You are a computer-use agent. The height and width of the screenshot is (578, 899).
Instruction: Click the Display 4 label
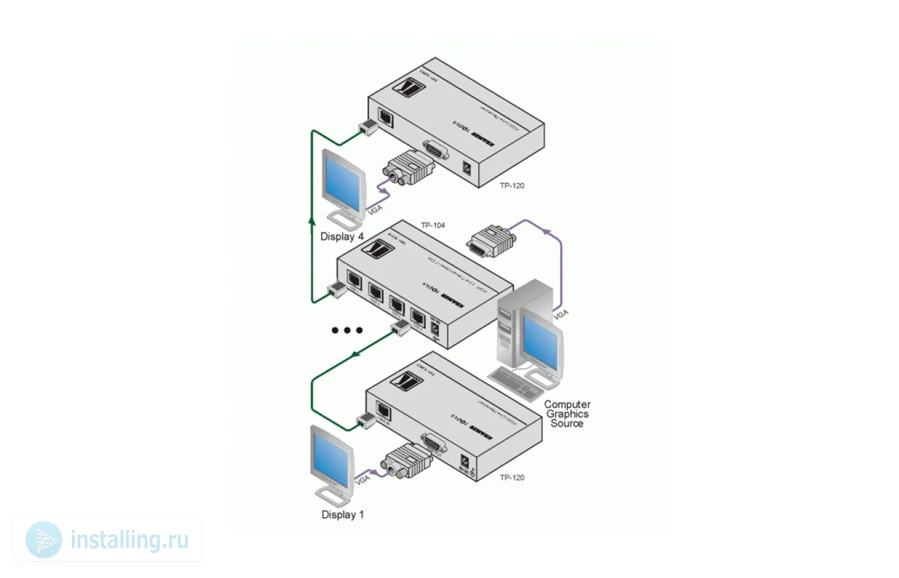click(342, 236)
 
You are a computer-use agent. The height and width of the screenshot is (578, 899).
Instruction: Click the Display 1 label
click(342, 514)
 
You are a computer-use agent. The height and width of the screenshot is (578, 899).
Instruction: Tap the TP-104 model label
click(433, 225)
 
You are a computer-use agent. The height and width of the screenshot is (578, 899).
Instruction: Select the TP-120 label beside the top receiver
click(512, 186)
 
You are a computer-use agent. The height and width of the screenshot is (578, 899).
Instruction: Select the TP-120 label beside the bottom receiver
click(512, 477)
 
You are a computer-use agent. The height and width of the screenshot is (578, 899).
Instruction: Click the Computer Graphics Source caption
click(567, 414)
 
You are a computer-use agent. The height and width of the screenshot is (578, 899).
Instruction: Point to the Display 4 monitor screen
click(342, 181)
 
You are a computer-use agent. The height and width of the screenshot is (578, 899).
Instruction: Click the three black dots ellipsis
click(347, 330)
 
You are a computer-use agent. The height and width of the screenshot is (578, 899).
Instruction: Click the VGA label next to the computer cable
click(561, 314)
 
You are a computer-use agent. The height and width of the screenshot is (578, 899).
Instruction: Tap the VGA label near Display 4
click(374, 209)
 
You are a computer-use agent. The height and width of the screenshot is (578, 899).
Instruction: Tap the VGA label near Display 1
click(363, 480)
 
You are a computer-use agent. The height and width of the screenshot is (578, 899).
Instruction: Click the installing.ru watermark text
click(130, 539)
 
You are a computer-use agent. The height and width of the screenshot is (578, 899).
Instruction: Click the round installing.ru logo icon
click(44, 539)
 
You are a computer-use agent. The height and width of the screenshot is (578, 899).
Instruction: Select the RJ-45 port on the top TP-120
click(387, 117)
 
